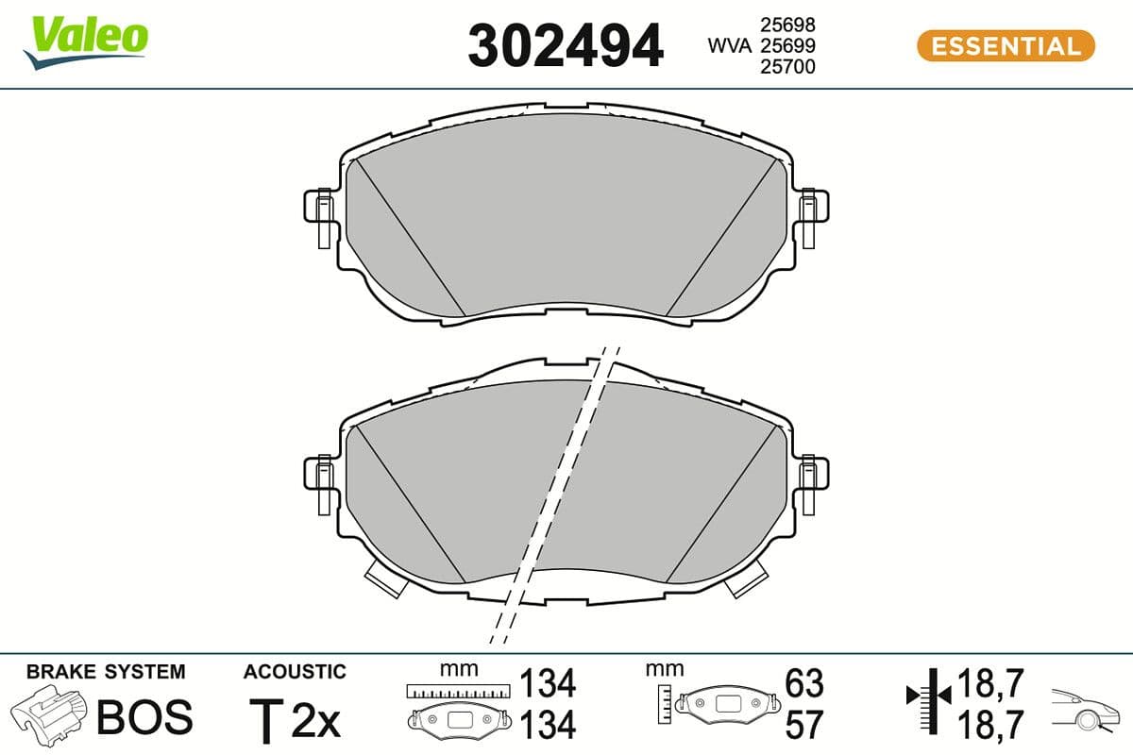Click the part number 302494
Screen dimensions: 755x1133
coord(566,45)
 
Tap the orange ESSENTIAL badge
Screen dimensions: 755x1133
coord(1006,45)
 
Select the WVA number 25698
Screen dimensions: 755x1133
coord(786,25)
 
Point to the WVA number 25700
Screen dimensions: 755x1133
coord(786,66)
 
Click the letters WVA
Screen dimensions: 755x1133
coord(730,45)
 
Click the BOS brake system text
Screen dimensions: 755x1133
coord(144,718)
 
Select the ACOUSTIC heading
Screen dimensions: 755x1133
coord(295,672)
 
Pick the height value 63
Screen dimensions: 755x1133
coord(804,682)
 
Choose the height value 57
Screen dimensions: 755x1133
coord(804,724)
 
